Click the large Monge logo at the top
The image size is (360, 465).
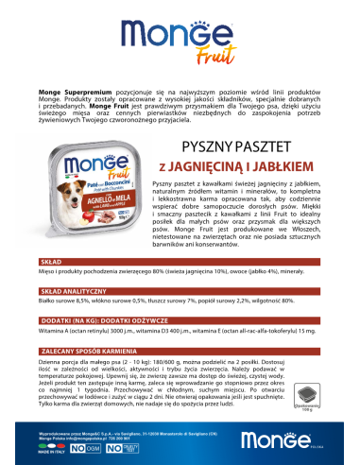[179, 37]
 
